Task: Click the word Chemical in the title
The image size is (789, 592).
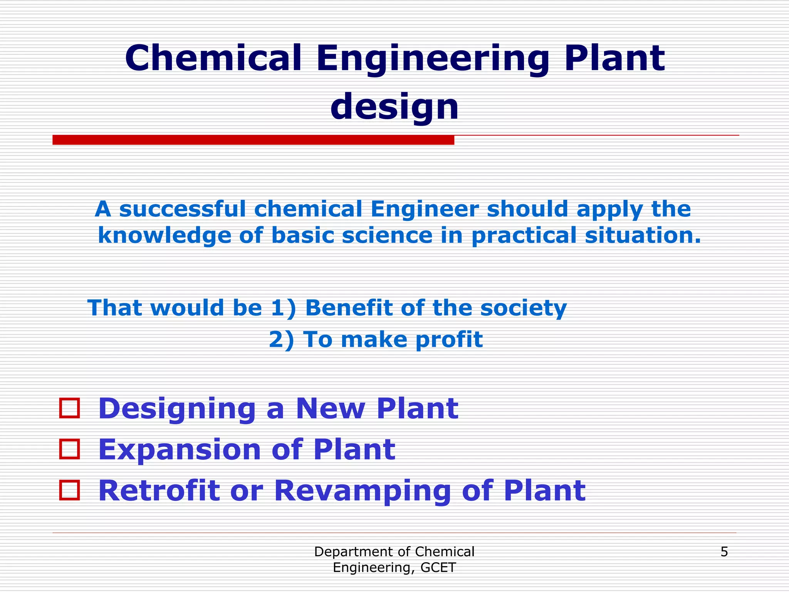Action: click(213, 59)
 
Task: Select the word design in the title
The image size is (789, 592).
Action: click(394, 107)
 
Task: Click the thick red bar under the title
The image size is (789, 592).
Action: click(253, 140)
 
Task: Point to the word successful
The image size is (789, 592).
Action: click(182, 209)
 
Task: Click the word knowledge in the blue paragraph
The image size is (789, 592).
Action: click(165, 235)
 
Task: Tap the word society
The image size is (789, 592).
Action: click(523, 308)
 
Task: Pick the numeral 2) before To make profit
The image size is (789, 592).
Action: click(281, 340)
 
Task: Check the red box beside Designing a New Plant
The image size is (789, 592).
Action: click(70, 408)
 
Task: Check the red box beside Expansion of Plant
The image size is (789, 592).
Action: click(70, 449)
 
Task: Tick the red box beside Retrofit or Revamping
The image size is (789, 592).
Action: click(70, 490)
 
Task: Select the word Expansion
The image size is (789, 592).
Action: click(180, 450)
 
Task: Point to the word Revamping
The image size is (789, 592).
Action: click(363, 491)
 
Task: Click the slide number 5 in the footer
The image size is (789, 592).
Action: click(724, 552)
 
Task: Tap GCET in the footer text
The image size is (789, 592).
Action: click(438, 567)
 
